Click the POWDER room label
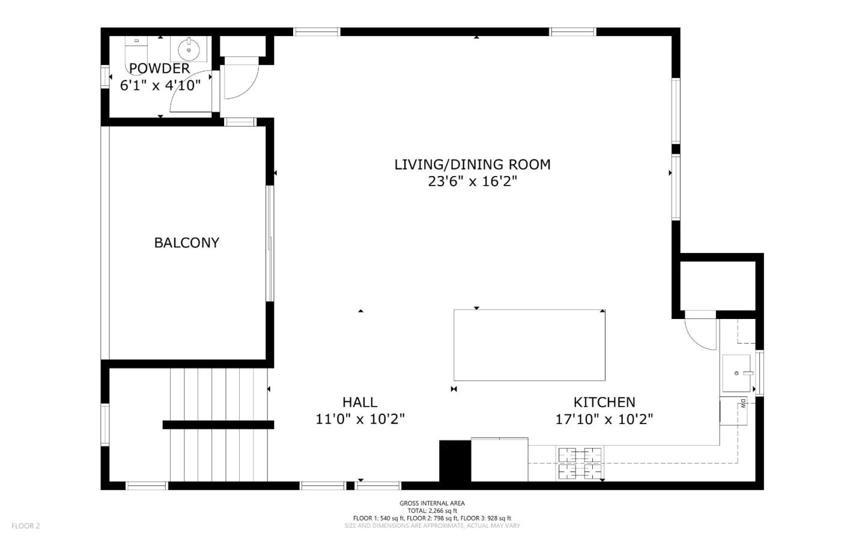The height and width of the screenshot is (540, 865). tap(159, 68)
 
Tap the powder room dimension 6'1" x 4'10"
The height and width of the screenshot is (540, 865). tap(160, 85)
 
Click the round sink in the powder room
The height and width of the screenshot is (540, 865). tap(189, 49)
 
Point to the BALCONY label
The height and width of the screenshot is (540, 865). tap(186, 243)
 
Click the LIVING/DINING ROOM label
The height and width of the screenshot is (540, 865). tap(472, 165)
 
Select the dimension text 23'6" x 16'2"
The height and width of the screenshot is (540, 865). tap(472, 181)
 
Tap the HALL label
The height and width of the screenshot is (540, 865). tap(360, 402)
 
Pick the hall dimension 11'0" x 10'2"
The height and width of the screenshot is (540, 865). tap(360, 419)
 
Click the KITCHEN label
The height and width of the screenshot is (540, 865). tap(604, 402)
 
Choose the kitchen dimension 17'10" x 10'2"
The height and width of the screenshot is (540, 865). tap(604, 419)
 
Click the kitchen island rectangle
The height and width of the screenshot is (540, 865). tap(529, 345)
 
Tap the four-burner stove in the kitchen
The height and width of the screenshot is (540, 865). tap(580, 463)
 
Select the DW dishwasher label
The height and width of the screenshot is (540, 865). tap(742, 404)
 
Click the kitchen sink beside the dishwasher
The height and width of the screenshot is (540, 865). tap(736, 373)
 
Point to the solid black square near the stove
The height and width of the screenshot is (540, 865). tap(455, 461)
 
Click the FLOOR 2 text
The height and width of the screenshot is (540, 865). tap(25, 526)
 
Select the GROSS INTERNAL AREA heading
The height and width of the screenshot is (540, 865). tap(432, 503)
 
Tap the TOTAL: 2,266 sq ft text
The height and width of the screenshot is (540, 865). tap(432, 511)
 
